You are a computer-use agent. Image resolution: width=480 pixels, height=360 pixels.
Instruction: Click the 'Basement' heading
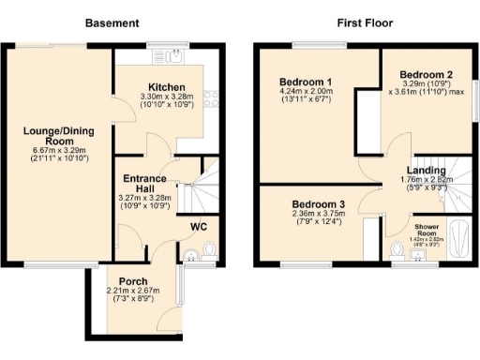tap(112, 22)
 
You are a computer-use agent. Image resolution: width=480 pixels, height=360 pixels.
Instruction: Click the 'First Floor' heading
tap(365, 22)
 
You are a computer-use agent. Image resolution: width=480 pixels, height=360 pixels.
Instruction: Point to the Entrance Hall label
tap(145, 184)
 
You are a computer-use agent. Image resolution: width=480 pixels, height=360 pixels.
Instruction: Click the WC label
tap(199, 227)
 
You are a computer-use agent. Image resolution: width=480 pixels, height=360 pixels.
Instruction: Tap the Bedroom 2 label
tap(427, 74)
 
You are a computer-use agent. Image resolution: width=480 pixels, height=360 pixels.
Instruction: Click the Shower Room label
tap(431, 228)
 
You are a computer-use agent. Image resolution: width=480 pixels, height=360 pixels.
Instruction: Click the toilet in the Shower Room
tap(397, 250)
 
